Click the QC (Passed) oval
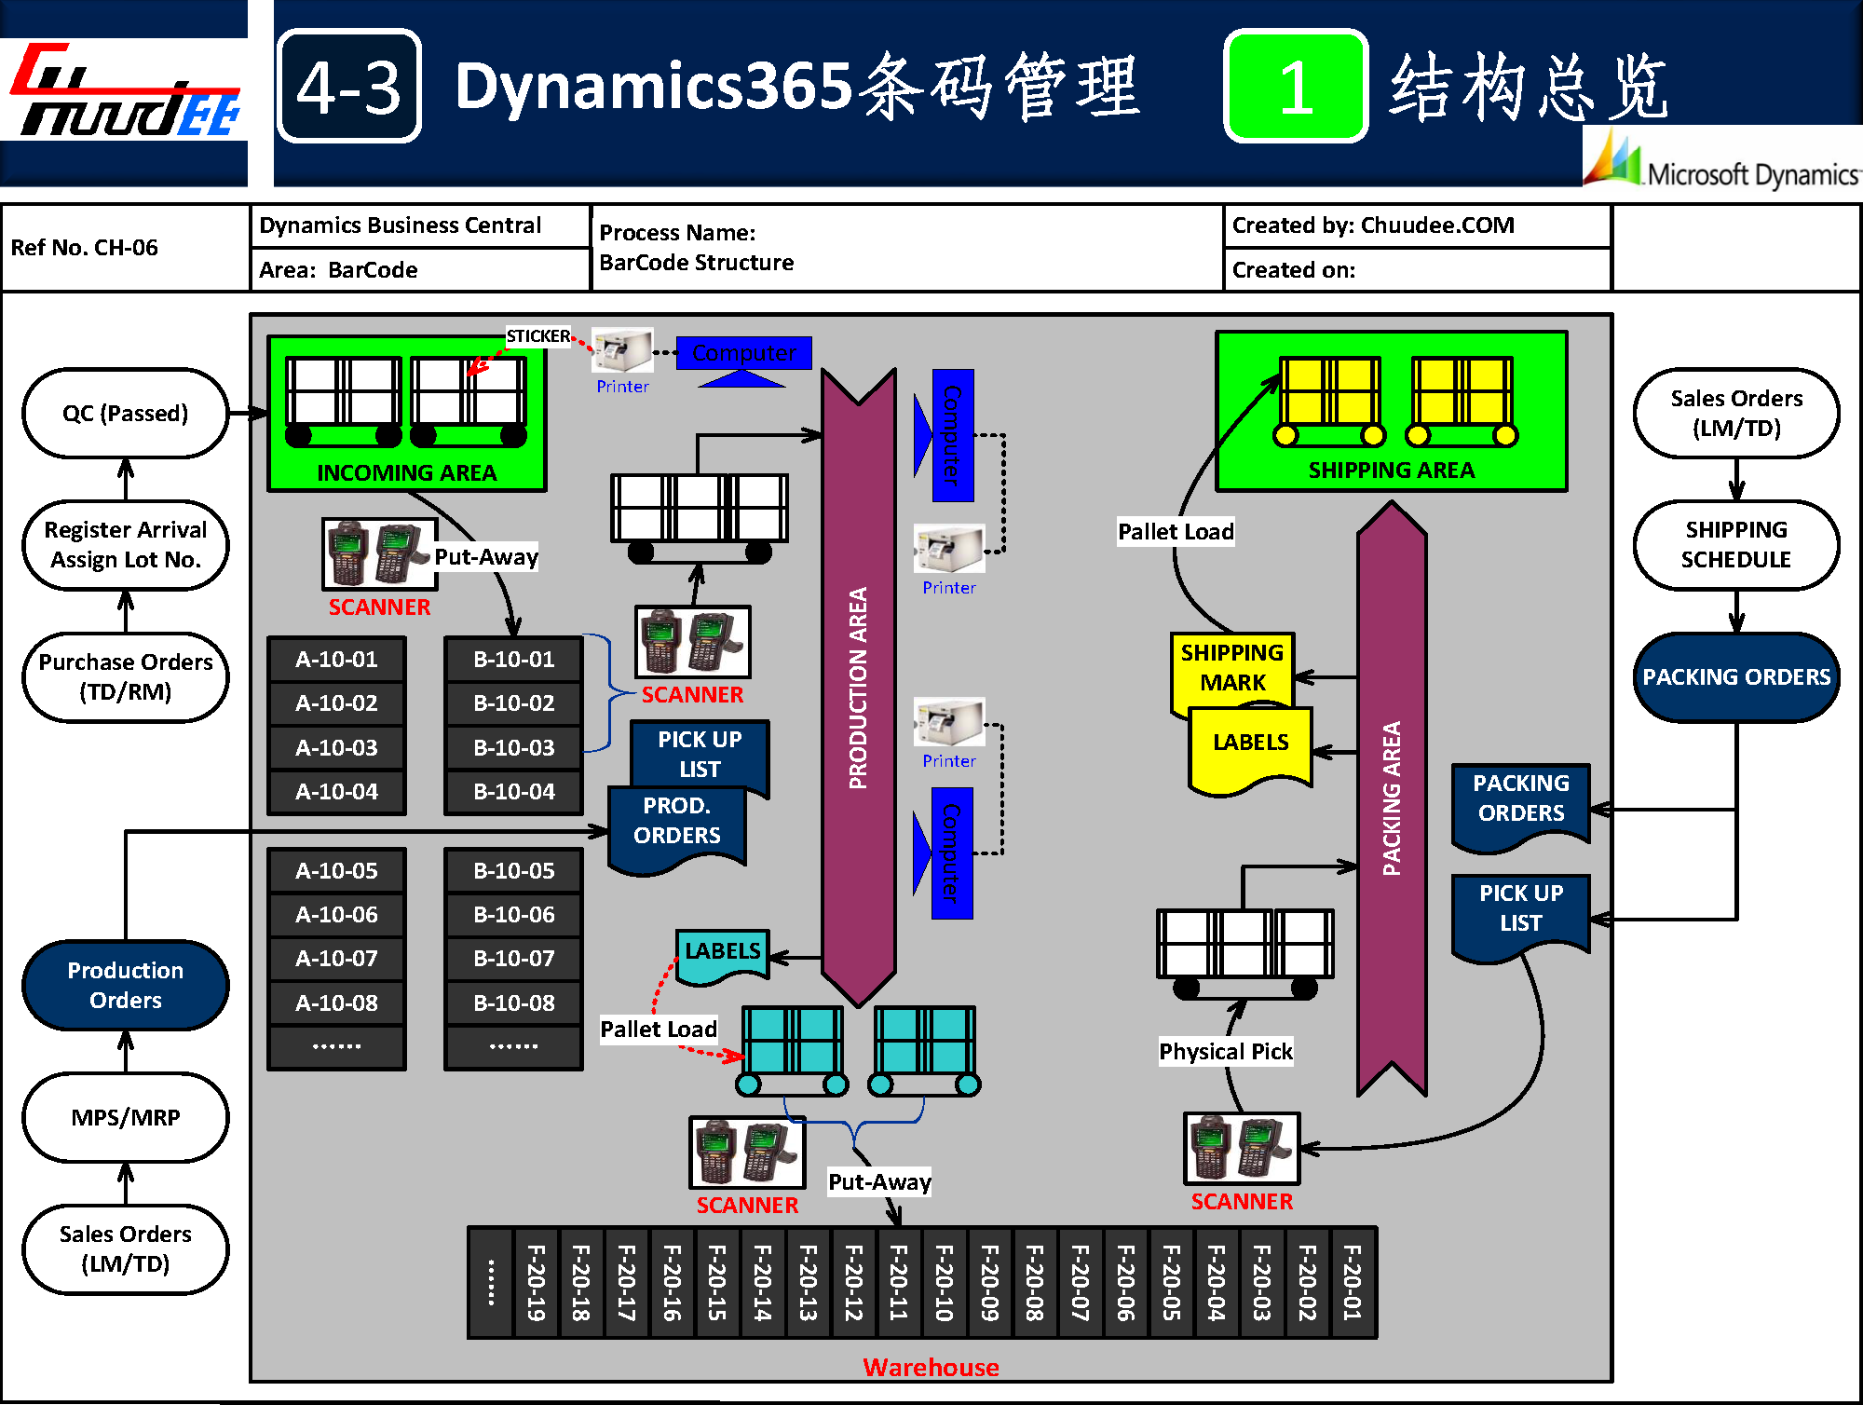tap(125, 413)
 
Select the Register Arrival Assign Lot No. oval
tap(125, 545)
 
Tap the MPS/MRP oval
tap(125, 1117)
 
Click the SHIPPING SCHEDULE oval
tap(1736, 545)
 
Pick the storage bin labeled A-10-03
tap(336, 747)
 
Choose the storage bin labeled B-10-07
tap(513, 958)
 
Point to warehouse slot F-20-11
tap(898, 1283)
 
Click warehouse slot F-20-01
tap(1353, 1283)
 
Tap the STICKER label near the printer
tap(537, 335)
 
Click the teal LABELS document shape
tap(723, 953)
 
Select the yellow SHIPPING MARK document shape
tap(1231, 667)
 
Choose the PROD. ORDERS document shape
tap(677, 822)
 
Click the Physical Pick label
tap(1225, 1051)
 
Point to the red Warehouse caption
tap(931, 1367)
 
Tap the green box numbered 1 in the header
tap(1295, 87)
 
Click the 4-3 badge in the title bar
tap(349, 87)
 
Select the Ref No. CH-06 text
tap(85, 248)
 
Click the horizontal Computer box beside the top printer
tap(743, 353)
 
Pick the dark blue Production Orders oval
tap(125, 985)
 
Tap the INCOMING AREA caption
tap(406, 472)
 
